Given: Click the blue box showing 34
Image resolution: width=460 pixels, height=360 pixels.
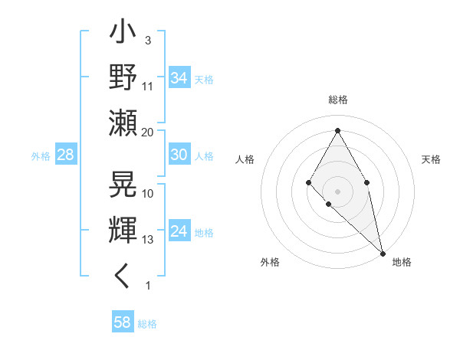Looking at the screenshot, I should (x=179, y=77).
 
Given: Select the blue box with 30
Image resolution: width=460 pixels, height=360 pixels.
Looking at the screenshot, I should (x=179, y=155).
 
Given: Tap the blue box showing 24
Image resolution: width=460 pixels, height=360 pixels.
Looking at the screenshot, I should (x=179, y=231).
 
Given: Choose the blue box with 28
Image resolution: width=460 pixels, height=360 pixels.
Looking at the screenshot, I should (x=66, y=155).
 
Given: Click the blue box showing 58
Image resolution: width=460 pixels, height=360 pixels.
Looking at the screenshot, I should (x=123, y=322).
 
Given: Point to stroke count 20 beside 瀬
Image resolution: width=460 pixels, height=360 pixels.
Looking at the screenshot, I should (x=148, y=133).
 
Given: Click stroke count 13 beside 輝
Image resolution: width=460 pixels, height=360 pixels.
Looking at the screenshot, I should (x=148, y=240).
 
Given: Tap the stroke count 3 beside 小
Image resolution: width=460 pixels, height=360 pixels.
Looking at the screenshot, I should (x=147, y=40).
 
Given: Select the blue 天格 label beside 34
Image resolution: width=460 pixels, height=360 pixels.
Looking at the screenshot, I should (x=203, y=79).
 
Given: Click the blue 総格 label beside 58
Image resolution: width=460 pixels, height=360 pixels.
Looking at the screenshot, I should (x=147, y=324).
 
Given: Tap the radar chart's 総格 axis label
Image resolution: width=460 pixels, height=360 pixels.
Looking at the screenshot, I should (x=337, y=100).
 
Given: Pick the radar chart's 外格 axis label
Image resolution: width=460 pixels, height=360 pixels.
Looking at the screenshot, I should (x=270, y=262).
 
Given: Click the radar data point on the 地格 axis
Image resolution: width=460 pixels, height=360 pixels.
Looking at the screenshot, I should (x=383, y=253).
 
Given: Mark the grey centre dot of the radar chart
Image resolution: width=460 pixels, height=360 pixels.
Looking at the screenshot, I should (x=337, y=191).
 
